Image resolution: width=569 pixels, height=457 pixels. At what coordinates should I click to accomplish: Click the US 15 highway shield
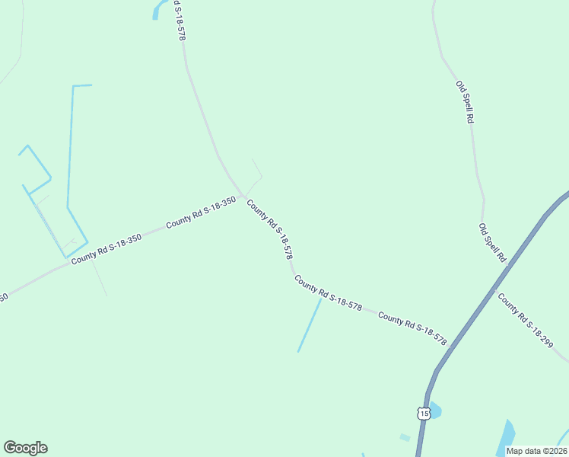pos(424,413)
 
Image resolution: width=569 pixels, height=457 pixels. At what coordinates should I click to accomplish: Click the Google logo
pos(25,448)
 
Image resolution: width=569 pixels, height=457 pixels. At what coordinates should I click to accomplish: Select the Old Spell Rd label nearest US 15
pos(492,242)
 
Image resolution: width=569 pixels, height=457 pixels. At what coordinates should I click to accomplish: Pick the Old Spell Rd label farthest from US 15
pos(465,102)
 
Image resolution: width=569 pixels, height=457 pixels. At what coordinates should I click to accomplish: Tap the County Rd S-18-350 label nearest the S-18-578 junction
pos(201,213)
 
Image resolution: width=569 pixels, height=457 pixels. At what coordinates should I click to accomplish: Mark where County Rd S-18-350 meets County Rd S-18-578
pos(243,196)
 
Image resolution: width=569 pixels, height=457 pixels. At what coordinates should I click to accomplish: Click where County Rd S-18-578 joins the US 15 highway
pos(450,347)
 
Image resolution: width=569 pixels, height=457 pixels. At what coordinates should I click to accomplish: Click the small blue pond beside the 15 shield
pos(434,409)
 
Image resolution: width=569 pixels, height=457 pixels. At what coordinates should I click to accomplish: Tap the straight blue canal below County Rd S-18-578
pos(310,324)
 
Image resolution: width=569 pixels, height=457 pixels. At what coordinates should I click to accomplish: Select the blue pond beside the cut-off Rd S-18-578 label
pos(159,8)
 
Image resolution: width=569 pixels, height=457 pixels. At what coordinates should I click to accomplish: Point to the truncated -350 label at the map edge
pos(3,297)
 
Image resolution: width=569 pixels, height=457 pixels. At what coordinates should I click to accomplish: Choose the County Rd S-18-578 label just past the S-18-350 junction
pos(270,229)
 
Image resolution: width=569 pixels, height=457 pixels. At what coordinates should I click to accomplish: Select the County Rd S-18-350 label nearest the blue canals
pos(106,249)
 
